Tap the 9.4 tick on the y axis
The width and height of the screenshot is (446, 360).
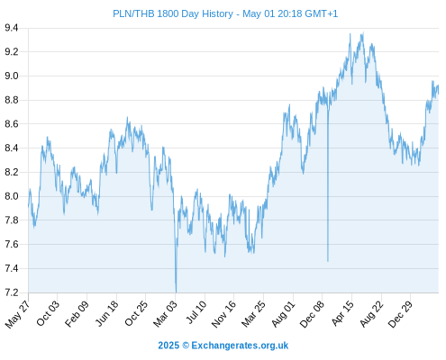tap(12, 28)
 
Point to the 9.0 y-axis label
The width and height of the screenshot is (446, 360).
tap(12, 76)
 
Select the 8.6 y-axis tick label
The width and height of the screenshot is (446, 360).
tap(12, 124)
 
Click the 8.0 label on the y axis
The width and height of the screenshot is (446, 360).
tap(12, 196)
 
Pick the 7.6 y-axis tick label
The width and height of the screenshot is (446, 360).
tap(12, 244)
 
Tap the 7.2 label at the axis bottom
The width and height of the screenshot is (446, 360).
tap(12, 292)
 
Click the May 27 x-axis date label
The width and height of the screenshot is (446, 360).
tap(17, 314)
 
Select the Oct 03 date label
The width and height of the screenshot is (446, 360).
tap(48, 313)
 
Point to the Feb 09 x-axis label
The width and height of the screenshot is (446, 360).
tap(77, 313)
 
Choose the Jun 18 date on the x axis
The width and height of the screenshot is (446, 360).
tap(106, 313)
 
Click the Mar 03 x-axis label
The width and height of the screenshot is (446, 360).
tap(165, 314)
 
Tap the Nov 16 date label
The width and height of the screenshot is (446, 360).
tap(223, 314)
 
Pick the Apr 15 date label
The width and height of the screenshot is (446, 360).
tap(342, 313)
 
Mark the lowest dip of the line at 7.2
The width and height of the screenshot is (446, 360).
tap(176, 292)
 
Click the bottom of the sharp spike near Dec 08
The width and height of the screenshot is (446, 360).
tap(328, 261)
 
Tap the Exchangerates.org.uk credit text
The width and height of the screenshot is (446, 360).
tap(240, 346)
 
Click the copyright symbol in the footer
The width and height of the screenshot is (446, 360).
tap(186, 346)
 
